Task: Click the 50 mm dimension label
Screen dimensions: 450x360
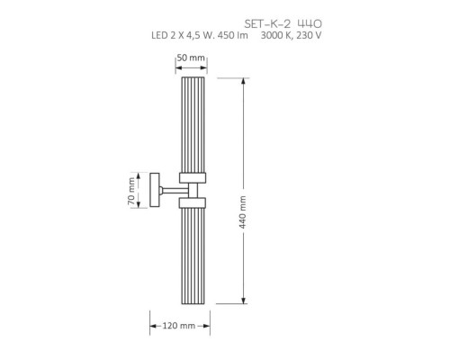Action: tap(191, 58)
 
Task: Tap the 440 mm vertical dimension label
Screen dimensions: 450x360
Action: tap(243, 212)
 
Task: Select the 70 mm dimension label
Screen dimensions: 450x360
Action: tap(131, 191)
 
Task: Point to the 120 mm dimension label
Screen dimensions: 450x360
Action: tap(179, 326)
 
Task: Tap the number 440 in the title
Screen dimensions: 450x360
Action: tap(310, 23)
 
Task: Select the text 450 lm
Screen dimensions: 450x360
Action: tap(233, 35)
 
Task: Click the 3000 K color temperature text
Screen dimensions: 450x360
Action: tap(276, 35)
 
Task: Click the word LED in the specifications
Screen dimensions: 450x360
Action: tap(159, 35)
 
